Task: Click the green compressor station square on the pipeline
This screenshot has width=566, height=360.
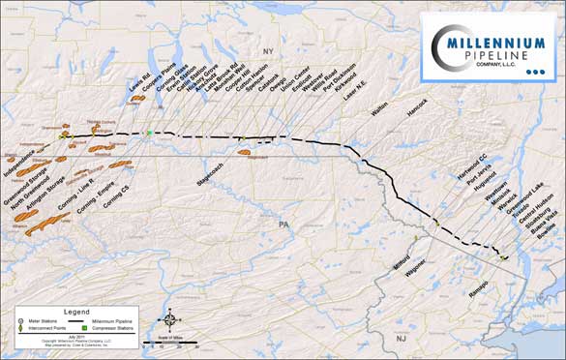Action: point(150,133)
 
